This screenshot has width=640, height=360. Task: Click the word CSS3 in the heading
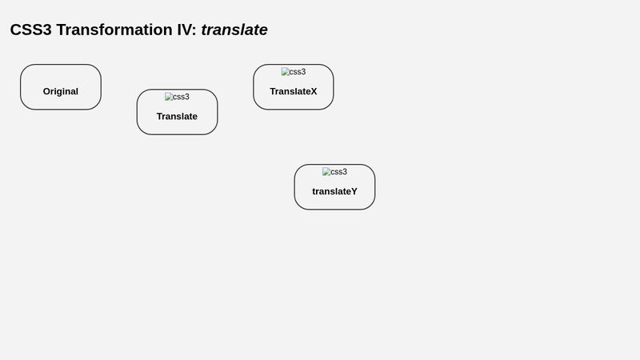click(x=30, y=30)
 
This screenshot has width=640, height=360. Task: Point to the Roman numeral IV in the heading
click(x=183, y=30)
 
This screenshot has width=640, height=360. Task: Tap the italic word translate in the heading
click(x=234, y=30)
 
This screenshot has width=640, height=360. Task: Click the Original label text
click(x=61, y=91)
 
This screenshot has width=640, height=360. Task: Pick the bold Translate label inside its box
click(x=177, y=116)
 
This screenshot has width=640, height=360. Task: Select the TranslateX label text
click(x=293, y=91)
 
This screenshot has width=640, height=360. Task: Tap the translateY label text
click(x=334, y=191)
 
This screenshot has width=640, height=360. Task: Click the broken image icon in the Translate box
click(x=168, y=97)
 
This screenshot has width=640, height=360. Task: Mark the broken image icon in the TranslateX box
click(x=285, y=72)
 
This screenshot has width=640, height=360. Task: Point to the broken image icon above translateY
click(x=326, y=172)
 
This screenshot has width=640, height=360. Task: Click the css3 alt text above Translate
click(x=181, y=97)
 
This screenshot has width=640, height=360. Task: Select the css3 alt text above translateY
click(x=338, y=172)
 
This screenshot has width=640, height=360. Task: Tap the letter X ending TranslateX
click(x=314, y=91)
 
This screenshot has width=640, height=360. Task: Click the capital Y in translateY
click(x=354, y=191)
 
